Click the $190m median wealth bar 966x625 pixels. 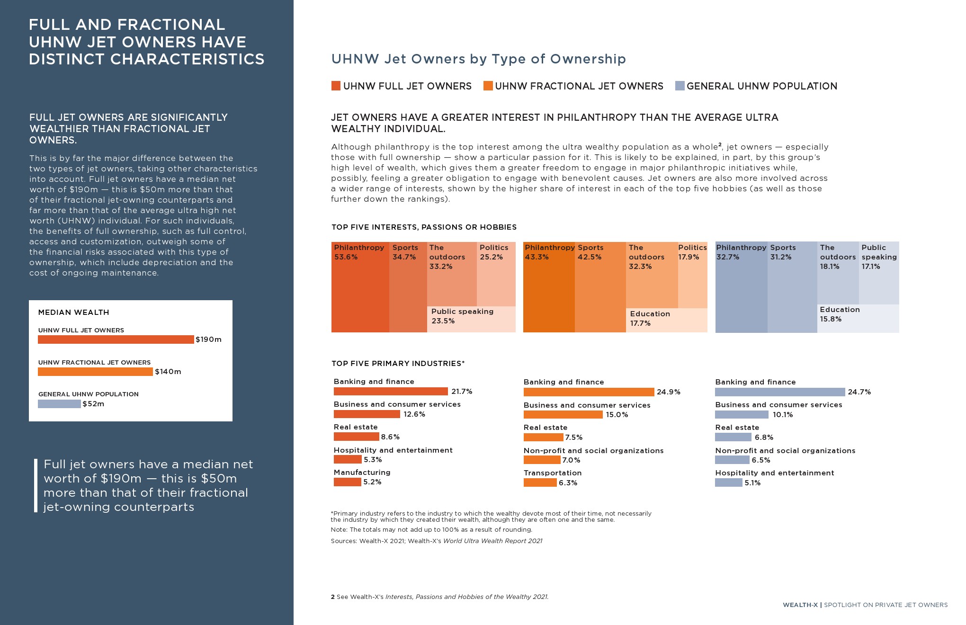116,339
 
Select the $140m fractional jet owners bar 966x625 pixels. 95,372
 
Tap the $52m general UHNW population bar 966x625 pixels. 59,404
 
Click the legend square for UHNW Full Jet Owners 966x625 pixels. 336,86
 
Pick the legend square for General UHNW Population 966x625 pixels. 680,86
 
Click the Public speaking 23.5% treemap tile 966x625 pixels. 471,319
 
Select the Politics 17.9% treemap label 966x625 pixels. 692,252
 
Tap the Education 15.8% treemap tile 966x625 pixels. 858,318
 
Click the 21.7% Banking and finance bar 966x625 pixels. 391,391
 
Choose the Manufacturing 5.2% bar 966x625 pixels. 347,482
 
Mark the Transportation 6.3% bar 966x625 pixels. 540,482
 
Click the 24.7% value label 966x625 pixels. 859,392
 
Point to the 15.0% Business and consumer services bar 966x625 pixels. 563,415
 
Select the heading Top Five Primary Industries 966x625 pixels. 398,364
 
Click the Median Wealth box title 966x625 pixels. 73,312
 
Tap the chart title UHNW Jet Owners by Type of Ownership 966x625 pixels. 478,59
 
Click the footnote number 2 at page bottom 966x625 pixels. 333,597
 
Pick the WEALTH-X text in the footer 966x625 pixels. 800,605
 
